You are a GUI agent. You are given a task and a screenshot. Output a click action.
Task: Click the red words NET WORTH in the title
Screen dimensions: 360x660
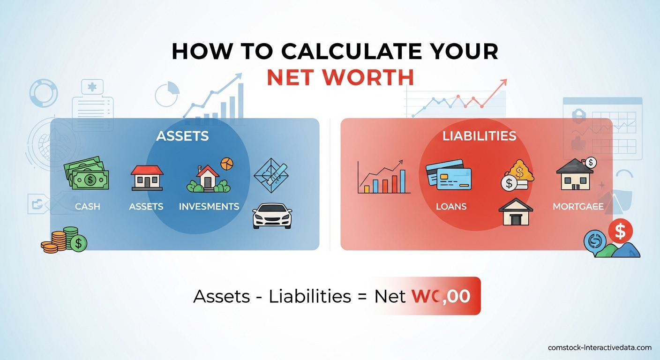pos(340,77)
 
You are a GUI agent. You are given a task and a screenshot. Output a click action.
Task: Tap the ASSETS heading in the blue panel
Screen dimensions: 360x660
pos(182,136)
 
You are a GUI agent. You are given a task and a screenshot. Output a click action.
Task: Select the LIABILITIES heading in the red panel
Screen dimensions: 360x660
pos(479,136)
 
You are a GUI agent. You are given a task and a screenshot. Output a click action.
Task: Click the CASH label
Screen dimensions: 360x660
pos(88,206)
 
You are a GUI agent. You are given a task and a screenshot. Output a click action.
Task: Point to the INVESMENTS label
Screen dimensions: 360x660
pos(209,206)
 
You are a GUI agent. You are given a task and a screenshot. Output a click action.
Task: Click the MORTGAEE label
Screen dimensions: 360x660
pos(578,206)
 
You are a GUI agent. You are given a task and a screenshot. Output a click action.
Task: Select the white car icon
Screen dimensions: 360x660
pos(272,216)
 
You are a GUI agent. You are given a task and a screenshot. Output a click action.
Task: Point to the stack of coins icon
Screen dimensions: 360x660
pos(64,240)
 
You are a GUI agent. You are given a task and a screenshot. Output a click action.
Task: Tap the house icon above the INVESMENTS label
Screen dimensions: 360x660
pos(208,178)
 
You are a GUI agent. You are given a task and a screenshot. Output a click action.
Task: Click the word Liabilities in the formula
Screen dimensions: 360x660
pos(310,296)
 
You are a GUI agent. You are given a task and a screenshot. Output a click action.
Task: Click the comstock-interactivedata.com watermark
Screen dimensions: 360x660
pos(600,348)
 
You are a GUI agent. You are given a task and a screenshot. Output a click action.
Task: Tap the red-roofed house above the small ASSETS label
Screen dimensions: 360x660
pos(147,177)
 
